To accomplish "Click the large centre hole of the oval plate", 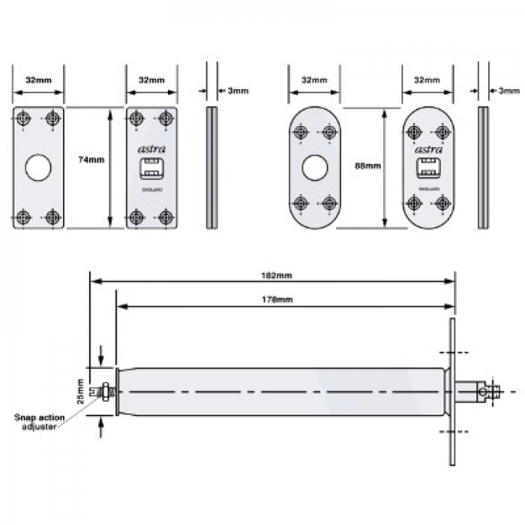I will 313,168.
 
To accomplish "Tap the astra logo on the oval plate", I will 427,151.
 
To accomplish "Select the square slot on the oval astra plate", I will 427,169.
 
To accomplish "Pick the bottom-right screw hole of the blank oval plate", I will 327,203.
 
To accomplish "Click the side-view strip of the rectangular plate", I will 211,168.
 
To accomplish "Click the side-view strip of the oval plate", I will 483,168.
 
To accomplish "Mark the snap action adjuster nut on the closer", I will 106,391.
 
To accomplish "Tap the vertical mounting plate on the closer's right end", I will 452,391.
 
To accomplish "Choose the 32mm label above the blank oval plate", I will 314,79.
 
